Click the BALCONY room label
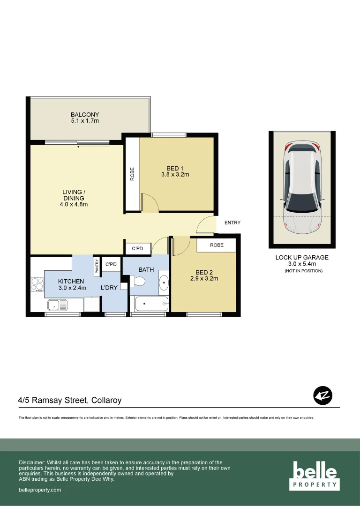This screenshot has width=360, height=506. click(x=85, y=114)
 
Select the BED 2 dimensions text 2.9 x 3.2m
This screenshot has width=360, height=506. click(x=204, y=278)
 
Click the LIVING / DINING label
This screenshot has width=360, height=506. click(x=74, y=195)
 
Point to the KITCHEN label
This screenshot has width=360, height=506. click(x=71, y=281)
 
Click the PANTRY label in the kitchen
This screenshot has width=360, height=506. click(x=97, y=266)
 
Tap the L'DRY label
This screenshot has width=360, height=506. click(x=109, y=288)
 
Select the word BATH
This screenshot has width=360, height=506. click(x=146, y=270)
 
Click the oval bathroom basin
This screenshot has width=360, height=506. click(x=164, y=283)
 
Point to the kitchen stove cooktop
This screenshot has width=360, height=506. click(x=37, y=284)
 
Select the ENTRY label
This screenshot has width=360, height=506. click(x=232, y=223)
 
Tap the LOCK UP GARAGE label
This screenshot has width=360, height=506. click(x=302, y=257)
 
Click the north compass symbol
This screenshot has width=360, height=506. click(x=322, y=396)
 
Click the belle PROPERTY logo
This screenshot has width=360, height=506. click(x=315, y=475)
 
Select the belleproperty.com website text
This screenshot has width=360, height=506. click(x=40, y=490)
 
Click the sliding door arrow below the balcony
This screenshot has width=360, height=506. click(x=93, y=147)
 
